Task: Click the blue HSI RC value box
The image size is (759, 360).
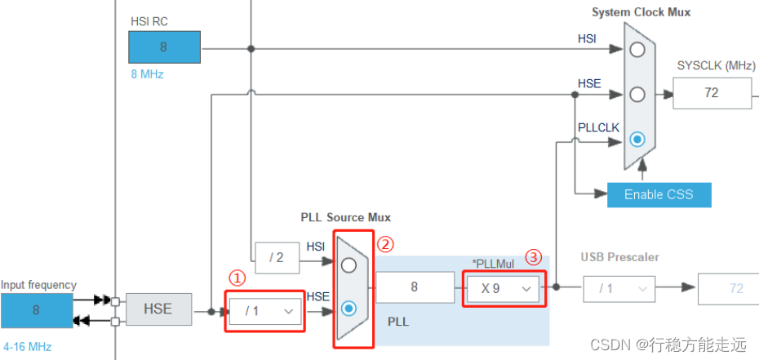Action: tap(164, 47)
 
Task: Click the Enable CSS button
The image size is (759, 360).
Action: tap(659, 194)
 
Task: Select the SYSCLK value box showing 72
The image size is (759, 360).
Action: tap(711, 92)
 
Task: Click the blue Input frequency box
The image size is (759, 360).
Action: tap(35, 310)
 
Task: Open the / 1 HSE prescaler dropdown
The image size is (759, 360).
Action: tap(264, 311)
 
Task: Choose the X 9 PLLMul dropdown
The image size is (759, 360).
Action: tap(503, 288)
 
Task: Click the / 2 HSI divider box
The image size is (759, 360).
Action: tap(278, 258)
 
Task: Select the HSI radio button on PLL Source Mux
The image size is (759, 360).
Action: tap(349, 264)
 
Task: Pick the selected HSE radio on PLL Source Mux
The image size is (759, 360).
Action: tap(349, 308)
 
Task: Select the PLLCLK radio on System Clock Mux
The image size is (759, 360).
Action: tap(637, 139)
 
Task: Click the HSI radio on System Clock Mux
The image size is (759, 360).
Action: tap(637, 49)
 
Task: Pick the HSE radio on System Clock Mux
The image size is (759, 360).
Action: tap(637, 94)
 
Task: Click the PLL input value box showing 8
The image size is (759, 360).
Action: tap(415, 288)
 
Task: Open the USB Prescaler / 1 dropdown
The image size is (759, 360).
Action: tap(619, 288)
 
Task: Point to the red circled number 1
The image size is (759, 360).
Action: tap(236, 278)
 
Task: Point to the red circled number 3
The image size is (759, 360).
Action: tap(533, 256)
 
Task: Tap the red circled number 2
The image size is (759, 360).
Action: tap(385, 243)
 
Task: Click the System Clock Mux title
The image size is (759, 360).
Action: tap(641, 12)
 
